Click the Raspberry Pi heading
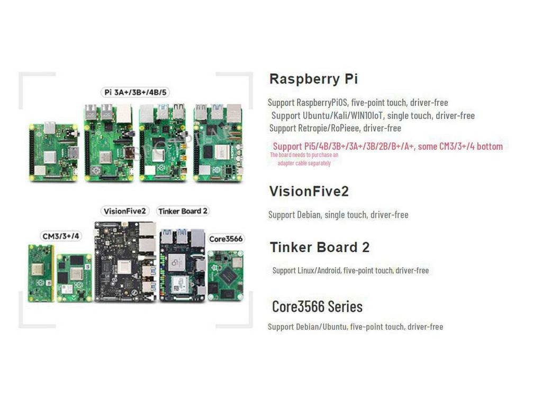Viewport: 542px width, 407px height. [x=313, y=79]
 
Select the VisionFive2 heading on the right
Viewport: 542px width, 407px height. [x=309, y=191]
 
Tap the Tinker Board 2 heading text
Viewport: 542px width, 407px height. [x=319, y=247]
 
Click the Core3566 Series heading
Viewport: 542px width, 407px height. [x=317, y=306]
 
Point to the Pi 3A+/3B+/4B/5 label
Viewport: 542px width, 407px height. [x=135, y=92]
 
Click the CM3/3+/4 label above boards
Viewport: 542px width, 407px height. [x=61, y=236]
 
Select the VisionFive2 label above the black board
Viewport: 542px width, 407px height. [x=124, y=211]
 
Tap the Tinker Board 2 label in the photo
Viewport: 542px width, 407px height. [x=183, y=211]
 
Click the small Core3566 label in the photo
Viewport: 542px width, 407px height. [x=225, y=238]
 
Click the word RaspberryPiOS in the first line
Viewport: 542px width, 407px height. [x=322, y=102]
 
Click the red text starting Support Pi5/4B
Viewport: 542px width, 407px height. [x=387, y=146]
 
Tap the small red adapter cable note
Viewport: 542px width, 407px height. [x=304, y=159]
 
